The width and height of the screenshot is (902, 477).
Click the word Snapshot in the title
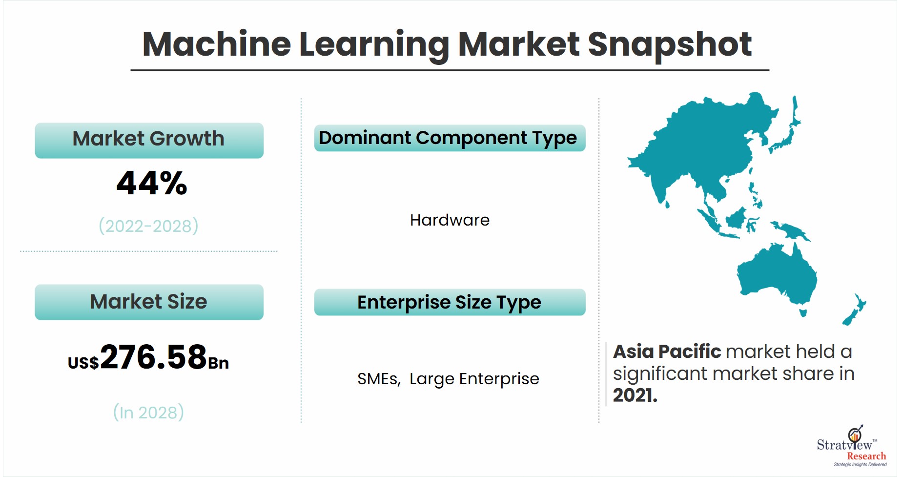[x=670, y=45]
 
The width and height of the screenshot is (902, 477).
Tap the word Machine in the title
[x=217, y=44]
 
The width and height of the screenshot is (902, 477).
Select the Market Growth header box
[x=149, y=140]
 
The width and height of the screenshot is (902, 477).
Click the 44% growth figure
[x=152, y=183]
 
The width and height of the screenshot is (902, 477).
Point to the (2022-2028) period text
[x=148, y=226]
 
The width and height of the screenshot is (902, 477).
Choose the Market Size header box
[x=149, y=302]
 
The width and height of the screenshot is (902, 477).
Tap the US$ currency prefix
[x=83, y=363]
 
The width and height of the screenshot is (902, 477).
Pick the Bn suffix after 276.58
[x=219, y=363]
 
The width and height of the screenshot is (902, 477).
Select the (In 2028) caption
[x=148, y=412]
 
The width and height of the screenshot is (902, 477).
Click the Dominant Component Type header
[x=450, y=138]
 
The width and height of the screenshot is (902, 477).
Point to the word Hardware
[x=450, y=220]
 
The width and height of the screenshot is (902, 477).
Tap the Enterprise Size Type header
[x=450, y=302]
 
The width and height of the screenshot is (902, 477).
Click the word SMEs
[x=379, y=379]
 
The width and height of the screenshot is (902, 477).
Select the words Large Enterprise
[x=474, y=379]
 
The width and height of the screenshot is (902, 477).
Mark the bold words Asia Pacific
[x=667, y=352]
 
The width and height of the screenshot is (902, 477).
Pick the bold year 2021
[x=635, y=395]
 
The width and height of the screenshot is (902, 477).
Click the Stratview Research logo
[x=852, y=446]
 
